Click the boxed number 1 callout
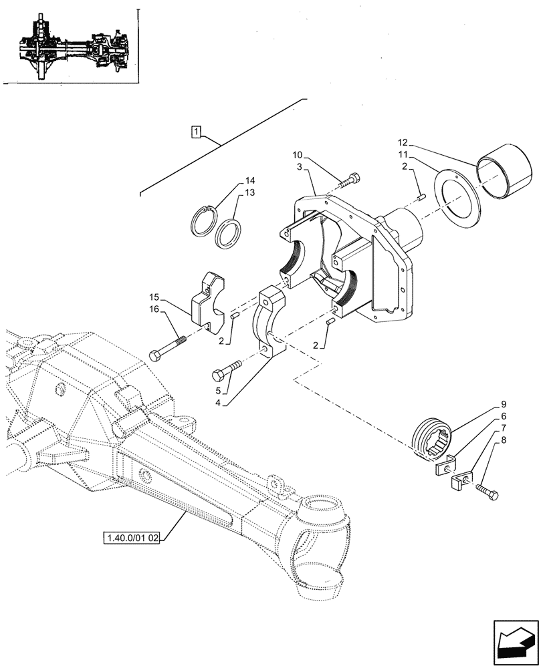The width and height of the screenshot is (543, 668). point(195,132)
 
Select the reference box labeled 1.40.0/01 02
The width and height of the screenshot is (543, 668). point(132,538)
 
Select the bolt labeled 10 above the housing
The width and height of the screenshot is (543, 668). point(350,180)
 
